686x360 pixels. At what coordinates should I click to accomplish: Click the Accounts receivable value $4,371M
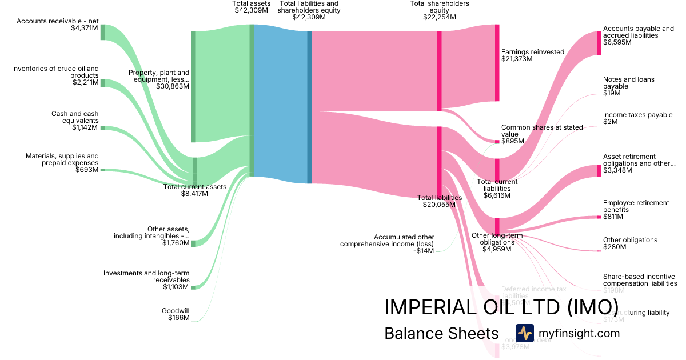85,28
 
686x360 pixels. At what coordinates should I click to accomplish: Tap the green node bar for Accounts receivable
103,33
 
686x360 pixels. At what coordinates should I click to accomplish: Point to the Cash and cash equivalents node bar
103,127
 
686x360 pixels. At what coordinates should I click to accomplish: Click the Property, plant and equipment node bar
193,86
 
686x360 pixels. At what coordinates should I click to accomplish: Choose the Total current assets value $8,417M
194,194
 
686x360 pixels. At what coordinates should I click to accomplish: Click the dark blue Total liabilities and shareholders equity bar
309,107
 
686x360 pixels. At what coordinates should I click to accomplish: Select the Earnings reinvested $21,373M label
532,55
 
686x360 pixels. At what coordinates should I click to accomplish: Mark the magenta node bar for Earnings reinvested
497,63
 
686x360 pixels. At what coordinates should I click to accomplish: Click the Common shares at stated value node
497,141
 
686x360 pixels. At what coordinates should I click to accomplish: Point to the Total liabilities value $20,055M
439,205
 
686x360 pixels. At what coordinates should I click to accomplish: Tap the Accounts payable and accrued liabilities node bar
599,43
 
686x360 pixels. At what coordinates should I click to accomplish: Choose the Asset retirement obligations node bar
599,170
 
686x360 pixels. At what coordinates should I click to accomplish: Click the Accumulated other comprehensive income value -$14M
423,251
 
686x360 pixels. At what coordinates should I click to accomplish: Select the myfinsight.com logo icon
524,333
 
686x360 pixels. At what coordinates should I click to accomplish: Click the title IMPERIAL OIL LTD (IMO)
501,307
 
